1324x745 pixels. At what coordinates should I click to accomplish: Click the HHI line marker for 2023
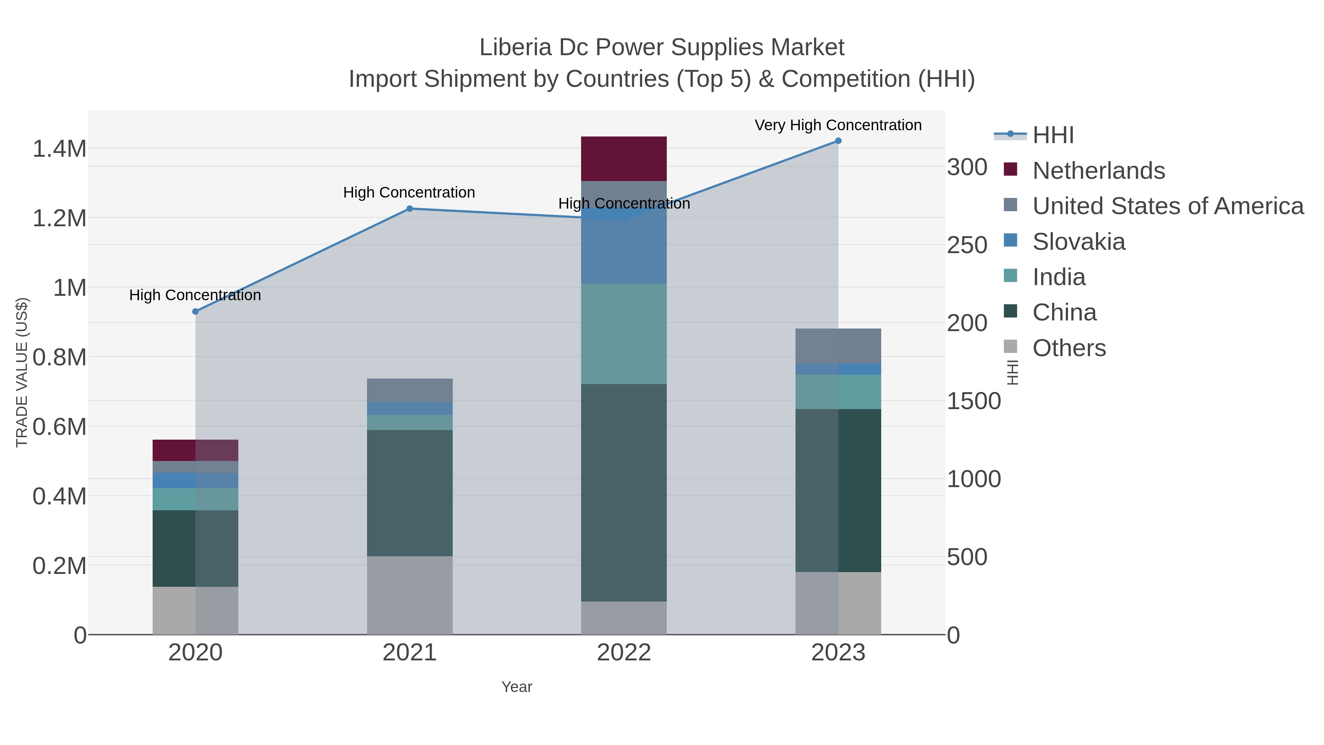pos(838,141)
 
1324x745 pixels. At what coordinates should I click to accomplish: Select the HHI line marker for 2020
pos(195,312)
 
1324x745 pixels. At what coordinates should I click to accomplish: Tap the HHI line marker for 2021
pos(410,209)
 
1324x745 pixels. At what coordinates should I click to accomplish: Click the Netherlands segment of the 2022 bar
pos(623,159)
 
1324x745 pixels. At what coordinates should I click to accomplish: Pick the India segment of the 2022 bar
pos(623,334)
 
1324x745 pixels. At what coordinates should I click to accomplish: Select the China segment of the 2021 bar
pos(410,493)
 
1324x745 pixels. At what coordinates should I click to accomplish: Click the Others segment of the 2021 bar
pos(410,595)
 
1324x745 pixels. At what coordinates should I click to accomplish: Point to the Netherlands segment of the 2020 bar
pos(195,450)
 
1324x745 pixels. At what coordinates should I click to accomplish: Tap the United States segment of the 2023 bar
pos(838,346)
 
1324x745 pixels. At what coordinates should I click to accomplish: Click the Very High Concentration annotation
pos(838,125)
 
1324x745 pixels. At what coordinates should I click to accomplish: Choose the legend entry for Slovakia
pos(1078,242)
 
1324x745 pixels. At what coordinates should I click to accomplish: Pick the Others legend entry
pos(1068,348)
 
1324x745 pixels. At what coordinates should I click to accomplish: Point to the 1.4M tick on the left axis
pos(60,149)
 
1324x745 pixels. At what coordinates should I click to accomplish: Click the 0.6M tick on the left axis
pos(60,427)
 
